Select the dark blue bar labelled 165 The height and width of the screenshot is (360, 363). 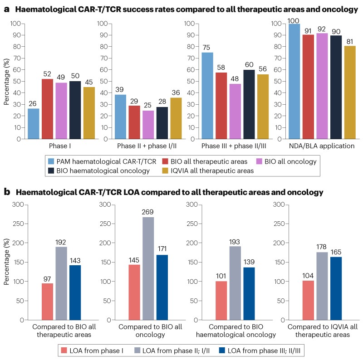tap(336, 288)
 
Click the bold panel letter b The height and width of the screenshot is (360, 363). tap(8, 192)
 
